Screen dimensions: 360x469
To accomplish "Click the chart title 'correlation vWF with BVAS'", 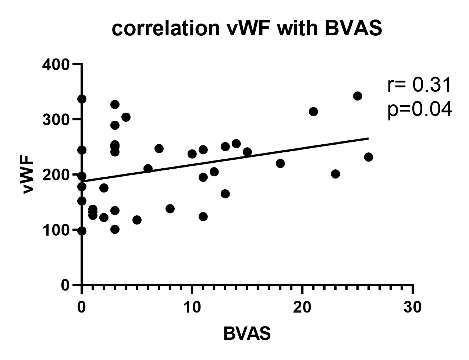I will (x=247, y=29).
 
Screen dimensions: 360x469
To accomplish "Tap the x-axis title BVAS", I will (x=247, y=334).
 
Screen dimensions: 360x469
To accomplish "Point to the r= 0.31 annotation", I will (x=419, y=85).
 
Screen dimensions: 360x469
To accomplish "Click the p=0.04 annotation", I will (x=419, y=109).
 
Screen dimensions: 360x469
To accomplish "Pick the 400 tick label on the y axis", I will (x=56, y=65).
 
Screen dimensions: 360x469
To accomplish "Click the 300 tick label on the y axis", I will (x=56, y=120).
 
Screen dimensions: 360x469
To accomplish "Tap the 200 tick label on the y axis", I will (x=56, y=175).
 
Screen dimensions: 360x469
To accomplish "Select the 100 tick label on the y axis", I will (x=56, y=230).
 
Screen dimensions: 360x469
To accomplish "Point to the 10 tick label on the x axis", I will (x=192, y=308).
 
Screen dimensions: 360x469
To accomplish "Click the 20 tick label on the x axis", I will (x=302, y=308).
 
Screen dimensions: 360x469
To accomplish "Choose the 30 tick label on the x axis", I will (x=412, y=308).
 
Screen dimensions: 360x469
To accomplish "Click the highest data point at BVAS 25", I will (x=357, y=96).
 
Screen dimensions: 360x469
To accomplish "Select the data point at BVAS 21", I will (x=313, y=112).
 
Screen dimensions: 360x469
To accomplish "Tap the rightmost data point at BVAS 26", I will (x=368, y=157).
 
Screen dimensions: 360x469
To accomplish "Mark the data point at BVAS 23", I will (x=335, y=174).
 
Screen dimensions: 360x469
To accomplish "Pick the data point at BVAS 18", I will (x=280, y=163).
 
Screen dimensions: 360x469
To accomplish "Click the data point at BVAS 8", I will (x=170, y=209).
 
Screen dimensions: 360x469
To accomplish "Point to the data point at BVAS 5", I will (x=136, y=220).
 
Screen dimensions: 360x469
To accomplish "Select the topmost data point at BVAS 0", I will (x=82, y=99).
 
